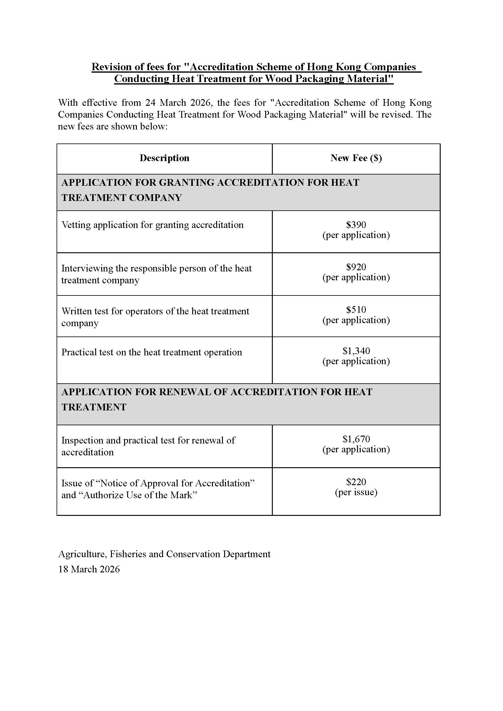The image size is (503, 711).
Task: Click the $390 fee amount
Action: [x=356, y=225]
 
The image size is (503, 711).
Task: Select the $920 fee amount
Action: [x=356, y=267]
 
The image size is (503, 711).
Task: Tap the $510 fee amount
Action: [x=356, y=309]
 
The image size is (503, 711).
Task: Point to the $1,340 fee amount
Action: [x=356, y=351]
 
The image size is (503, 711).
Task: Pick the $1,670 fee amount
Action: [x=356, y=439]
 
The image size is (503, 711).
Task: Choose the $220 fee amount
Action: [x=356, y=482]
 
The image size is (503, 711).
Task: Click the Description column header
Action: [x=165, y=158]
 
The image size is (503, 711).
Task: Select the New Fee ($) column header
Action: [x=356, y=158]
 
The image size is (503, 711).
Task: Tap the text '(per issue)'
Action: [x=356, y=492]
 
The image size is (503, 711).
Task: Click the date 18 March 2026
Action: [x=89, y=569]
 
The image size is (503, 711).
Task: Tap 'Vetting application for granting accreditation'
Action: [x=152, y=225]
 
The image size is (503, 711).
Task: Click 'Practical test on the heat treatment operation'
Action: [x=151, y=352]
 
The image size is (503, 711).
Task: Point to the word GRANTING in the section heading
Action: [x=186, y=183]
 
